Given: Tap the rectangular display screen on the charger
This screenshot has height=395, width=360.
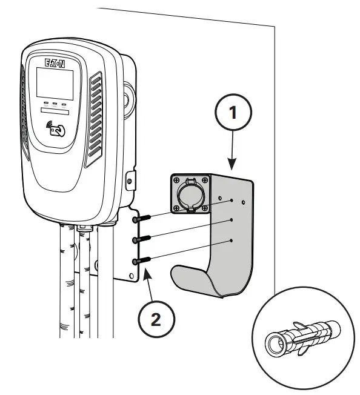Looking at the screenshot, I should click(x=56, y=82).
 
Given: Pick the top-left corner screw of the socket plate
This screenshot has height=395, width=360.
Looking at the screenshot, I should click(x=175, y=181).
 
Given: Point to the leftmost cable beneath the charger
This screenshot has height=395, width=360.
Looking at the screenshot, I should click(x=66, y=279).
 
